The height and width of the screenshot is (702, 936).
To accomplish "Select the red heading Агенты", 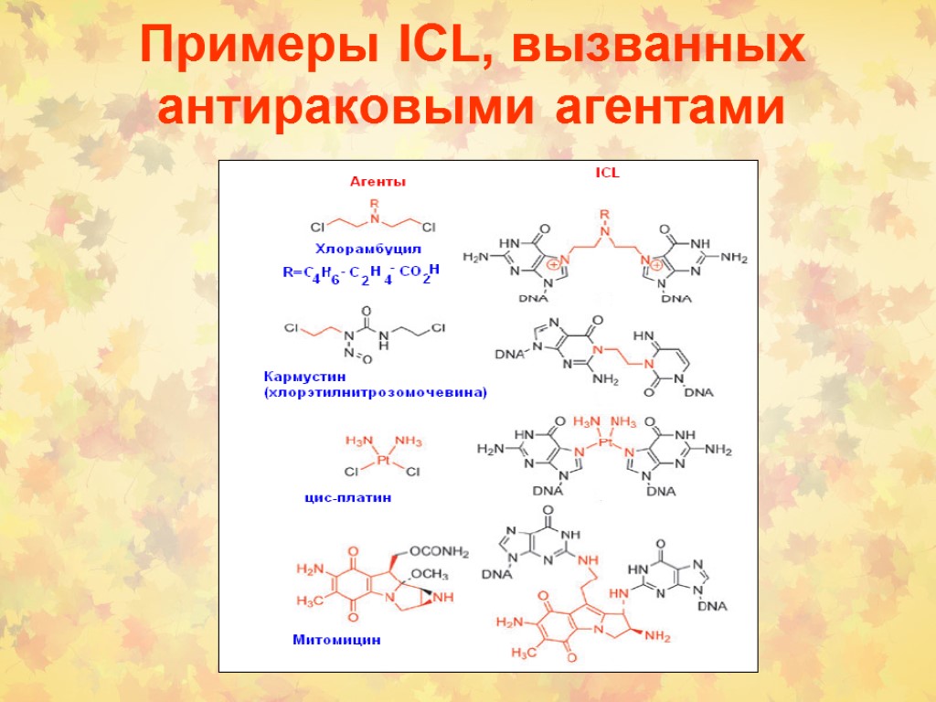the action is [378, 182].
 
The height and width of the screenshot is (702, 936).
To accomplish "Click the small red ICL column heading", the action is [607, 171].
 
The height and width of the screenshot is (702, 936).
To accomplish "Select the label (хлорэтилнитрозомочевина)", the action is [375, 393].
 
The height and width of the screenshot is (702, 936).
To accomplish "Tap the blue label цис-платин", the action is [347, 498].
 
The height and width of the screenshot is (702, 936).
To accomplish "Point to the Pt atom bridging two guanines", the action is [604, 441].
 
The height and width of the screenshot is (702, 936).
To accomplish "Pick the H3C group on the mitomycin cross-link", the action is [524, 653].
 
